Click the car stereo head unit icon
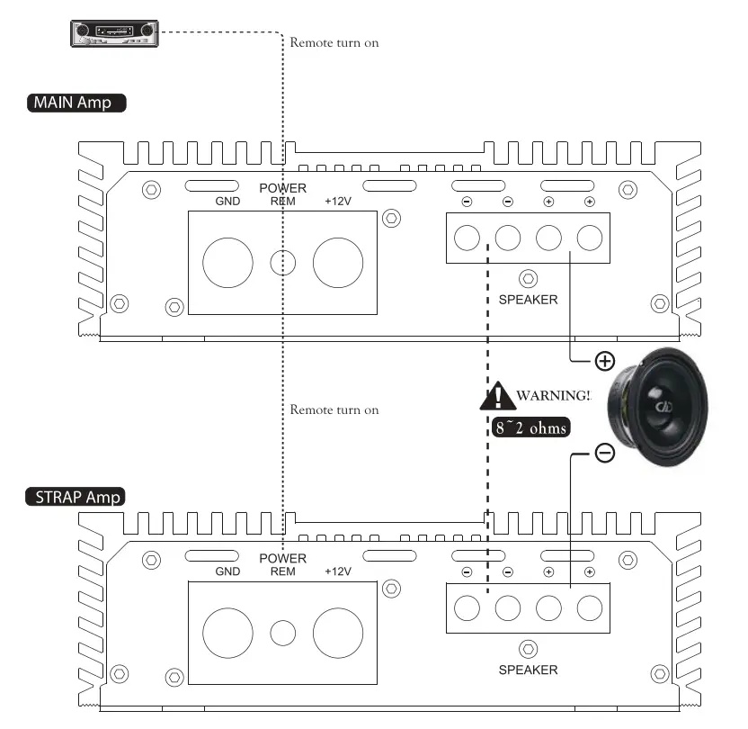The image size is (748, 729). click(x=114, y=33)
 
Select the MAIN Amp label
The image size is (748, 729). click(x=76, y=102)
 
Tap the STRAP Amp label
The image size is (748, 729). click(x=77, y=496)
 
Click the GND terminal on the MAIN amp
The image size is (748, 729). click(x=227, y=263)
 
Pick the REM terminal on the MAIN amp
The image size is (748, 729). click(x=283, y=263)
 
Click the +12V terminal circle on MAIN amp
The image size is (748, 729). click(x=338, y=263)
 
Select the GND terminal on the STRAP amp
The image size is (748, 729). click(x=227, y=633)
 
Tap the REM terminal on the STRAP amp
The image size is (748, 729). click(x=283, y=633)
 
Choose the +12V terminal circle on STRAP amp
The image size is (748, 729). click(x=338, y=633)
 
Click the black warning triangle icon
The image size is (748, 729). click(x=495, y=396)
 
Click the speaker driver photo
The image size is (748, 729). click(x=656, y=405)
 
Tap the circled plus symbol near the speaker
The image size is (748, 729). click(x=605, y=362)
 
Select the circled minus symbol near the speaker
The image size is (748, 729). click(x=605, y=454)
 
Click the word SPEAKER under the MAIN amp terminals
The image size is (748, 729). click(x=528, y=300)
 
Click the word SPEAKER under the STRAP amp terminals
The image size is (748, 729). click(x=528, y=670)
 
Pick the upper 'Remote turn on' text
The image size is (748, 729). click(x=334, y=42)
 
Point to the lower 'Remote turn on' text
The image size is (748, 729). click(x=334, y=409)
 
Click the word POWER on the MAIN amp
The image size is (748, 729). click(x=282, y=188)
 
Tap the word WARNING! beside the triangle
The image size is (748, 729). click(x=554, y=395)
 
